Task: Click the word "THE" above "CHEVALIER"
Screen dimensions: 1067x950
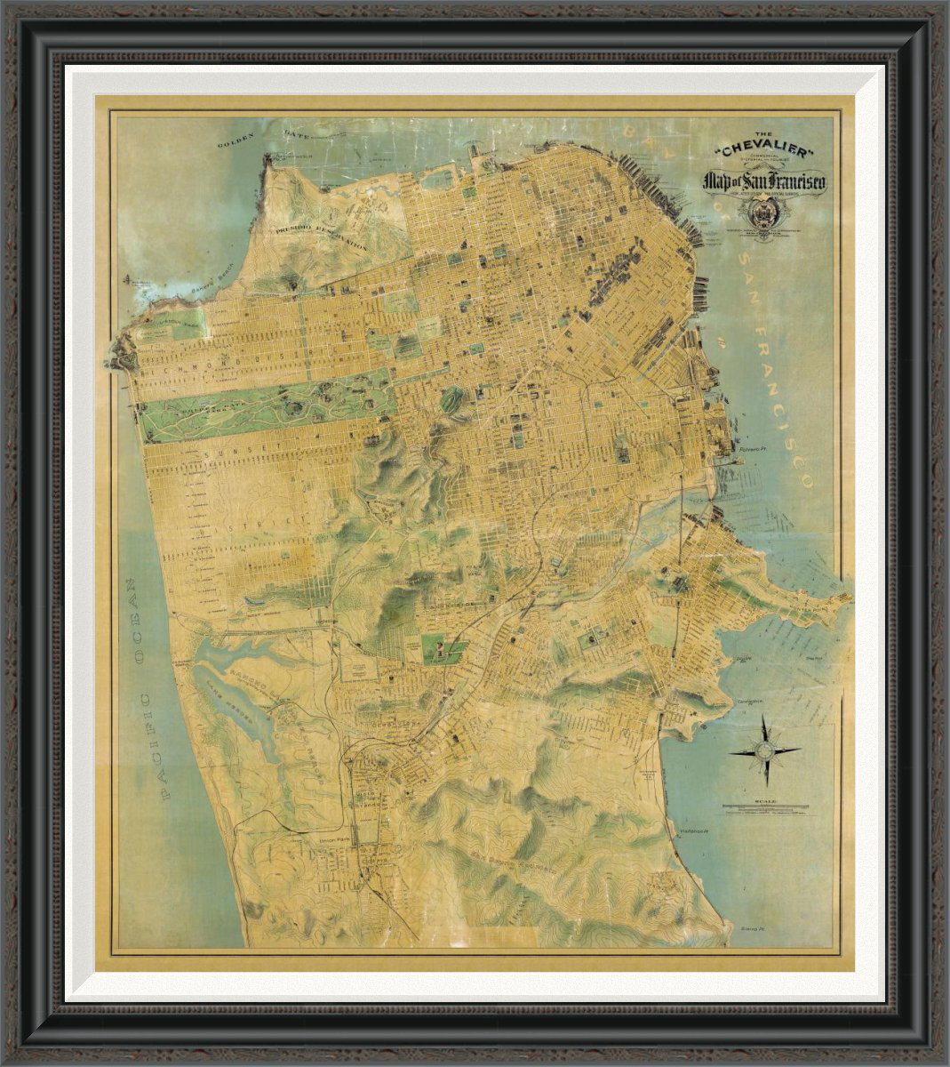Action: [x=762, y=135]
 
